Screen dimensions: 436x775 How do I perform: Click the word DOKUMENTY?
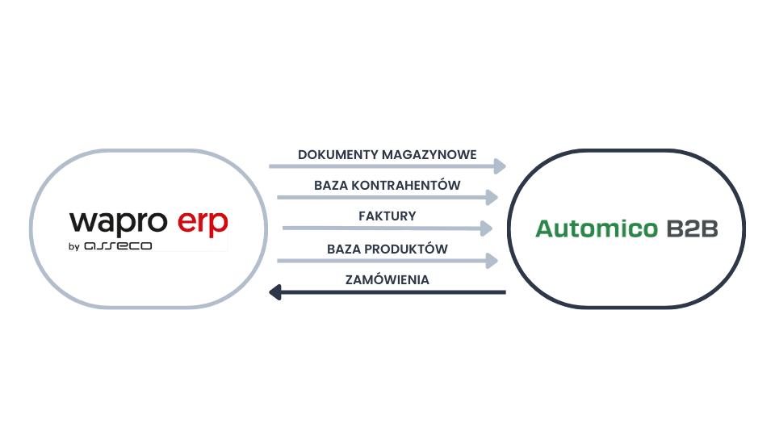328,154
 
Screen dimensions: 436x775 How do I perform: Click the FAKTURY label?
387,216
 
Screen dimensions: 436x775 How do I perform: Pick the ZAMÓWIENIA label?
387,279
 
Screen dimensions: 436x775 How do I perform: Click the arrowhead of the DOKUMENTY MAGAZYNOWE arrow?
499,166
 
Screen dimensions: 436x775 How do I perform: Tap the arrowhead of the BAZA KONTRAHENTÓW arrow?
492,196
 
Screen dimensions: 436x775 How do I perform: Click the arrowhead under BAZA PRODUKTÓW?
492,260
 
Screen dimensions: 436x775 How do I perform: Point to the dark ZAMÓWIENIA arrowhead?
275,291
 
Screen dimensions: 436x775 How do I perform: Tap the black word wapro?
118,223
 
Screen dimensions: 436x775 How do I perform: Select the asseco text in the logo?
118,245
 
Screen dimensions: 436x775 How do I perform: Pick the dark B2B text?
692,228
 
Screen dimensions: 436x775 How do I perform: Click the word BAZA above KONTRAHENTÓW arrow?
331,185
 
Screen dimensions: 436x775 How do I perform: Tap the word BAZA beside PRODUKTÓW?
344,249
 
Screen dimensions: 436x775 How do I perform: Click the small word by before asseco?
74,245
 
